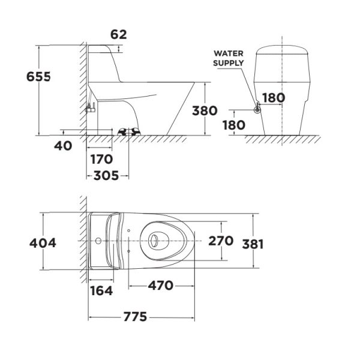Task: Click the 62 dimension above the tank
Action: tap(119, 34)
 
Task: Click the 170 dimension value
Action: tap(101, 160)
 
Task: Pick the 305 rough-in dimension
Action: tap(106, 176)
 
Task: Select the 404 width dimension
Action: tap(43, 242)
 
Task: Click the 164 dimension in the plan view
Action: tap(101, 291)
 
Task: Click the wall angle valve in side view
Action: tap(91, 109)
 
